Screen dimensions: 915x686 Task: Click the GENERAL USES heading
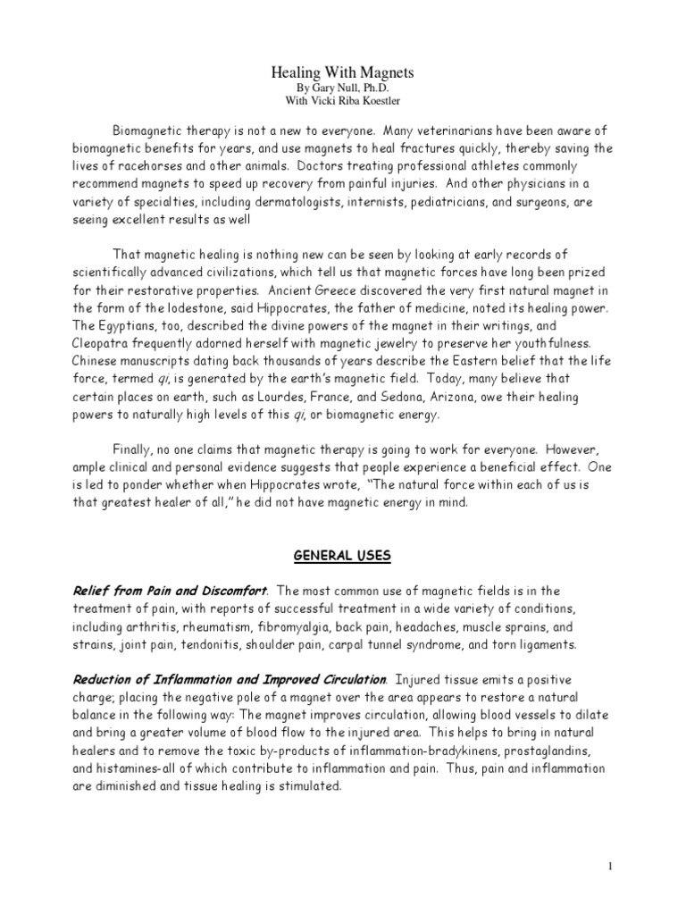tap(342, 556)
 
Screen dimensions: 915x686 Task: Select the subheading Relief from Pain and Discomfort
tap(170, 590)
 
